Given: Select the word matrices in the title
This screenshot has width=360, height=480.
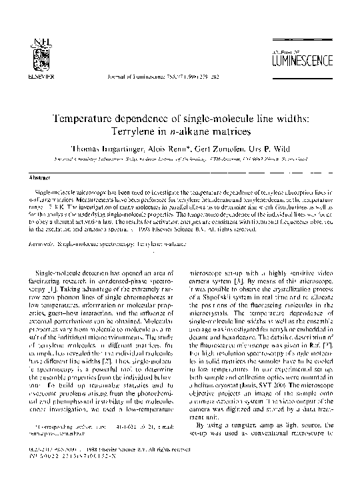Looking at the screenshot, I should [224, 131].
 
